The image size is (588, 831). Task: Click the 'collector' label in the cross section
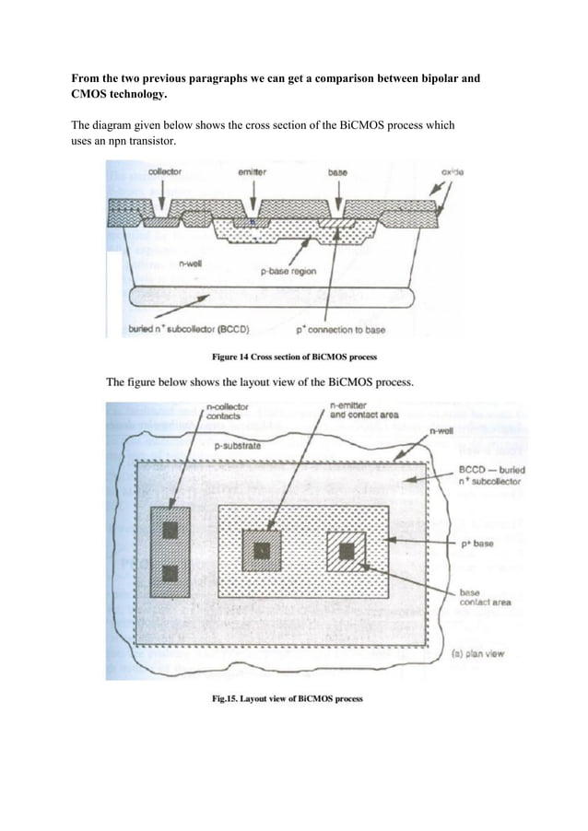pyautogui.click(x=164, y=171)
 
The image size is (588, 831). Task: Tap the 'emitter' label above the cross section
pyautogui.click(x=253, y=171)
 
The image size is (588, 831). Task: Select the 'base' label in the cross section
pyautogui.click(x=338, y=171)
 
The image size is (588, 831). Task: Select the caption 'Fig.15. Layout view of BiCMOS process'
pyautogui.click(x=288, y=698)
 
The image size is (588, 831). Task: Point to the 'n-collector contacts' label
pyautogui.click(x=226, y=411)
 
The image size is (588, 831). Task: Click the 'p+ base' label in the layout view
pyautogui.click(x=476, y=544)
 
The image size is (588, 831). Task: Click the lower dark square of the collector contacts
pyautogui.click(x=170, y=573)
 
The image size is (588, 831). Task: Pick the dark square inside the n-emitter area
pyautogui.click(x=262, y=551)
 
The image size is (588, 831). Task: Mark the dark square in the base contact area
pyautogui.click(x=347, y=551)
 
